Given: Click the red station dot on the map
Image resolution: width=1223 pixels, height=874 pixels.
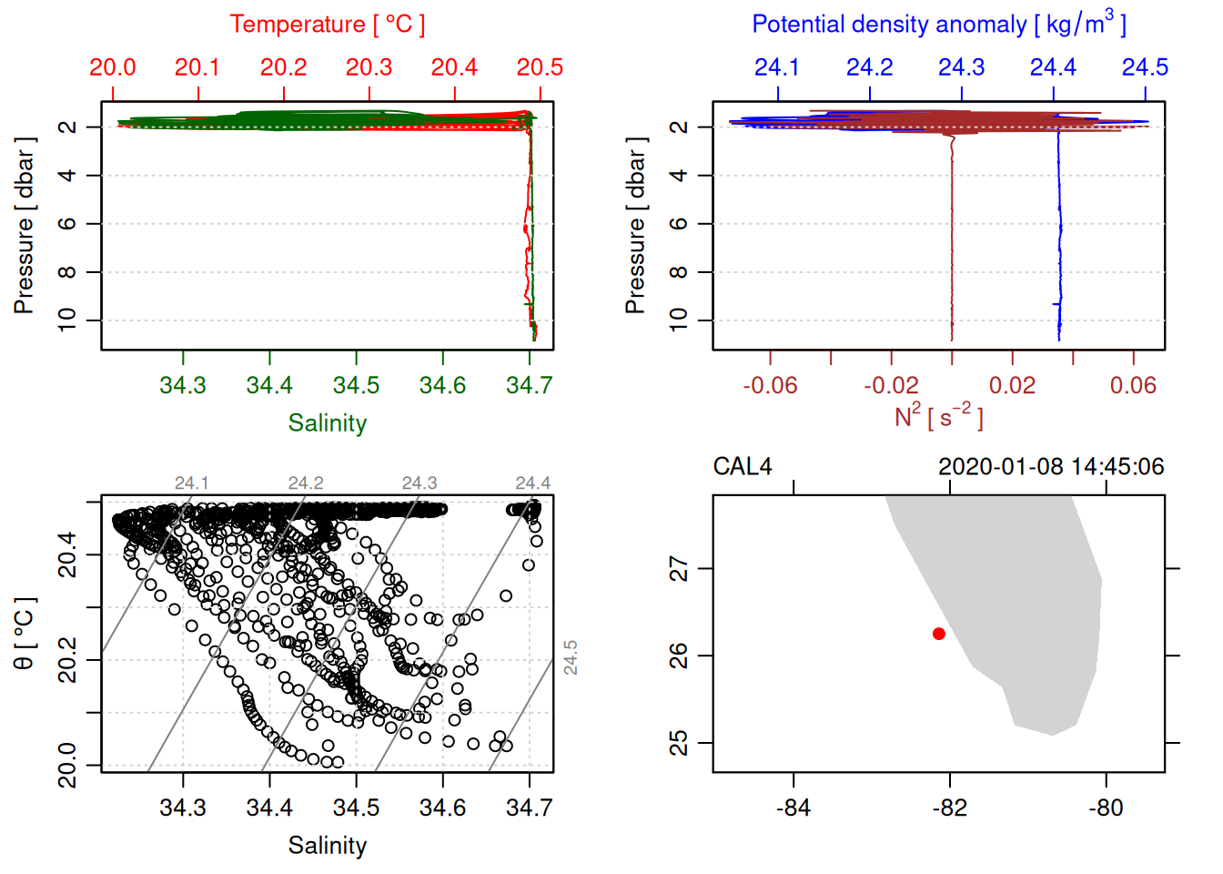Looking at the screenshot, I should (938, 634).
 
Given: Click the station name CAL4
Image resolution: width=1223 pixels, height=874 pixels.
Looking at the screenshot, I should (742, 467).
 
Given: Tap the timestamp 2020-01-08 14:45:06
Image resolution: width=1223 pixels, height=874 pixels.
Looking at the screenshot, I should (1050, 467).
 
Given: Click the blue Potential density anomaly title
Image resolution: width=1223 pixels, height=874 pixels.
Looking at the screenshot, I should (938, 25).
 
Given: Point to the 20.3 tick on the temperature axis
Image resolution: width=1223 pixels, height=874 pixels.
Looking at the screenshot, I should (369, 67).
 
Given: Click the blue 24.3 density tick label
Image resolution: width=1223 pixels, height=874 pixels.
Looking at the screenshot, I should (961, 67).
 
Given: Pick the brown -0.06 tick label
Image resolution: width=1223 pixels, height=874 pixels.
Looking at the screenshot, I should (770, 386).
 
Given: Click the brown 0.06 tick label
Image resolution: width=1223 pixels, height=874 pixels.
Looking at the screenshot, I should (1133, 386).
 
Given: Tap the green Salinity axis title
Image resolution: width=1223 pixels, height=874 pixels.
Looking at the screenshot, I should (327, 423).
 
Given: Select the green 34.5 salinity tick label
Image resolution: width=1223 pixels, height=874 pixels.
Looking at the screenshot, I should (356, 386).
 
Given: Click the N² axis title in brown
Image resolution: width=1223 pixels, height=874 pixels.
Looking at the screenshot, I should (938, 416).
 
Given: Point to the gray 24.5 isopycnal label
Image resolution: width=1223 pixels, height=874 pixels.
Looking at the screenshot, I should (571, 657).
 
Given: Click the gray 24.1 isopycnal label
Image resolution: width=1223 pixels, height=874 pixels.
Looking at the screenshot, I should (191, 483).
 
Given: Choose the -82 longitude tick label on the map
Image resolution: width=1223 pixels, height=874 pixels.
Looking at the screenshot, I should (950, 808).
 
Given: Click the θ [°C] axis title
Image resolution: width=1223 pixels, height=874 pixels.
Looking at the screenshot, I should (25, 634).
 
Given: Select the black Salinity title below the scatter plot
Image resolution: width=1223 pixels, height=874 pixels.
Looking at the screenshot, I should (327, 846).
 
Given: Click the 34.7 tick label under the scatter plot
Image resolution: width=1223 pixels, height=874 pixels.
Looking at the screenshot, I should (529, 808).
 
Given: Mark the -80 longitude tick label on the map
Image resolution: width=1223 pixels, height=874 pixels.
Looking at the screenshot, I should (1106, 808).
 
